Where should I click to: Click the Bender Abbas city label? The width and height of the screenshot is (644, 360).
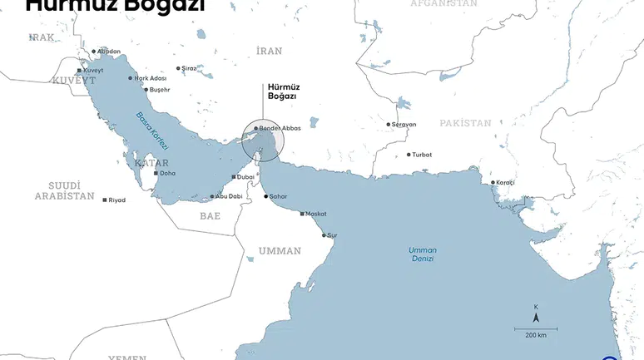click(280, 128)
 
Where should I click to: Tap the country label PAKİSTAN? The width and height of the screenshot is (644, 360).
click(465, 123)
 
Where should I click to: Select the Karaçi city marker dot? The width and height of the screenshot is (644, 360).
click(493, 182)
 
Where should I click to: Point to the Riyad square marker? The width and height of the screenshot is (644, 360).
click(105, 200)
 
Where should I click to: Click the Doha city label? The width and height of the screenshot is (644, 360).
click(168, 174)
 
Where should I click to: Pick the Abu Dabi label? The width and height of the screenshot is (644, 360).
click(229, 196)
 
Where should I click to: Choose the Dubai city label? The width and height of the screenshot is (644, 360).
click(246, 177)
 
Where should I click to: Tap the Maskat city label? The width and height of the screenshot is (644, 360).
click(316, 215)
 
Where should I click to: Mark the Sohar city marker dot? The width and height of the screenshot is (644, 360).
click(266, 197)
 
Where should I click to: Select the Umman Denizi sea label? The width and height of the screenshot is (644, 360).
click(423, 254)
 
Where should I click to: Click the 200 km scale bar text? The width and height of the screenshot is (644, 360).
click(536, 335)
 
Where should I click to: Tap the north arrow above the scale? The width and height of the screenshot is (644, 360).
click(536, 316)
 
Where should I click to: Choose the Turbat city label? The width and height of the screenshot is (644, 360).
click(423, 155)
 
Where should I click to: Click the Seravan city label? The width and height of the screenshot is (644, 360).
click(404, 125)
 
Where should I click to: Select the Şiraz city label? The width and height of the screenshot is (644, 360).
click(190, 68)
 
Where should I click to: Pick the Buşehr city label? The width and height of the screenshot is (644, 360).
click(160, 90)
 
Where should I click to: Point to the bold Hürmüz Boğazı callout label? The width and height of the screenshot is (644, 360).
click(282, 91)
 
